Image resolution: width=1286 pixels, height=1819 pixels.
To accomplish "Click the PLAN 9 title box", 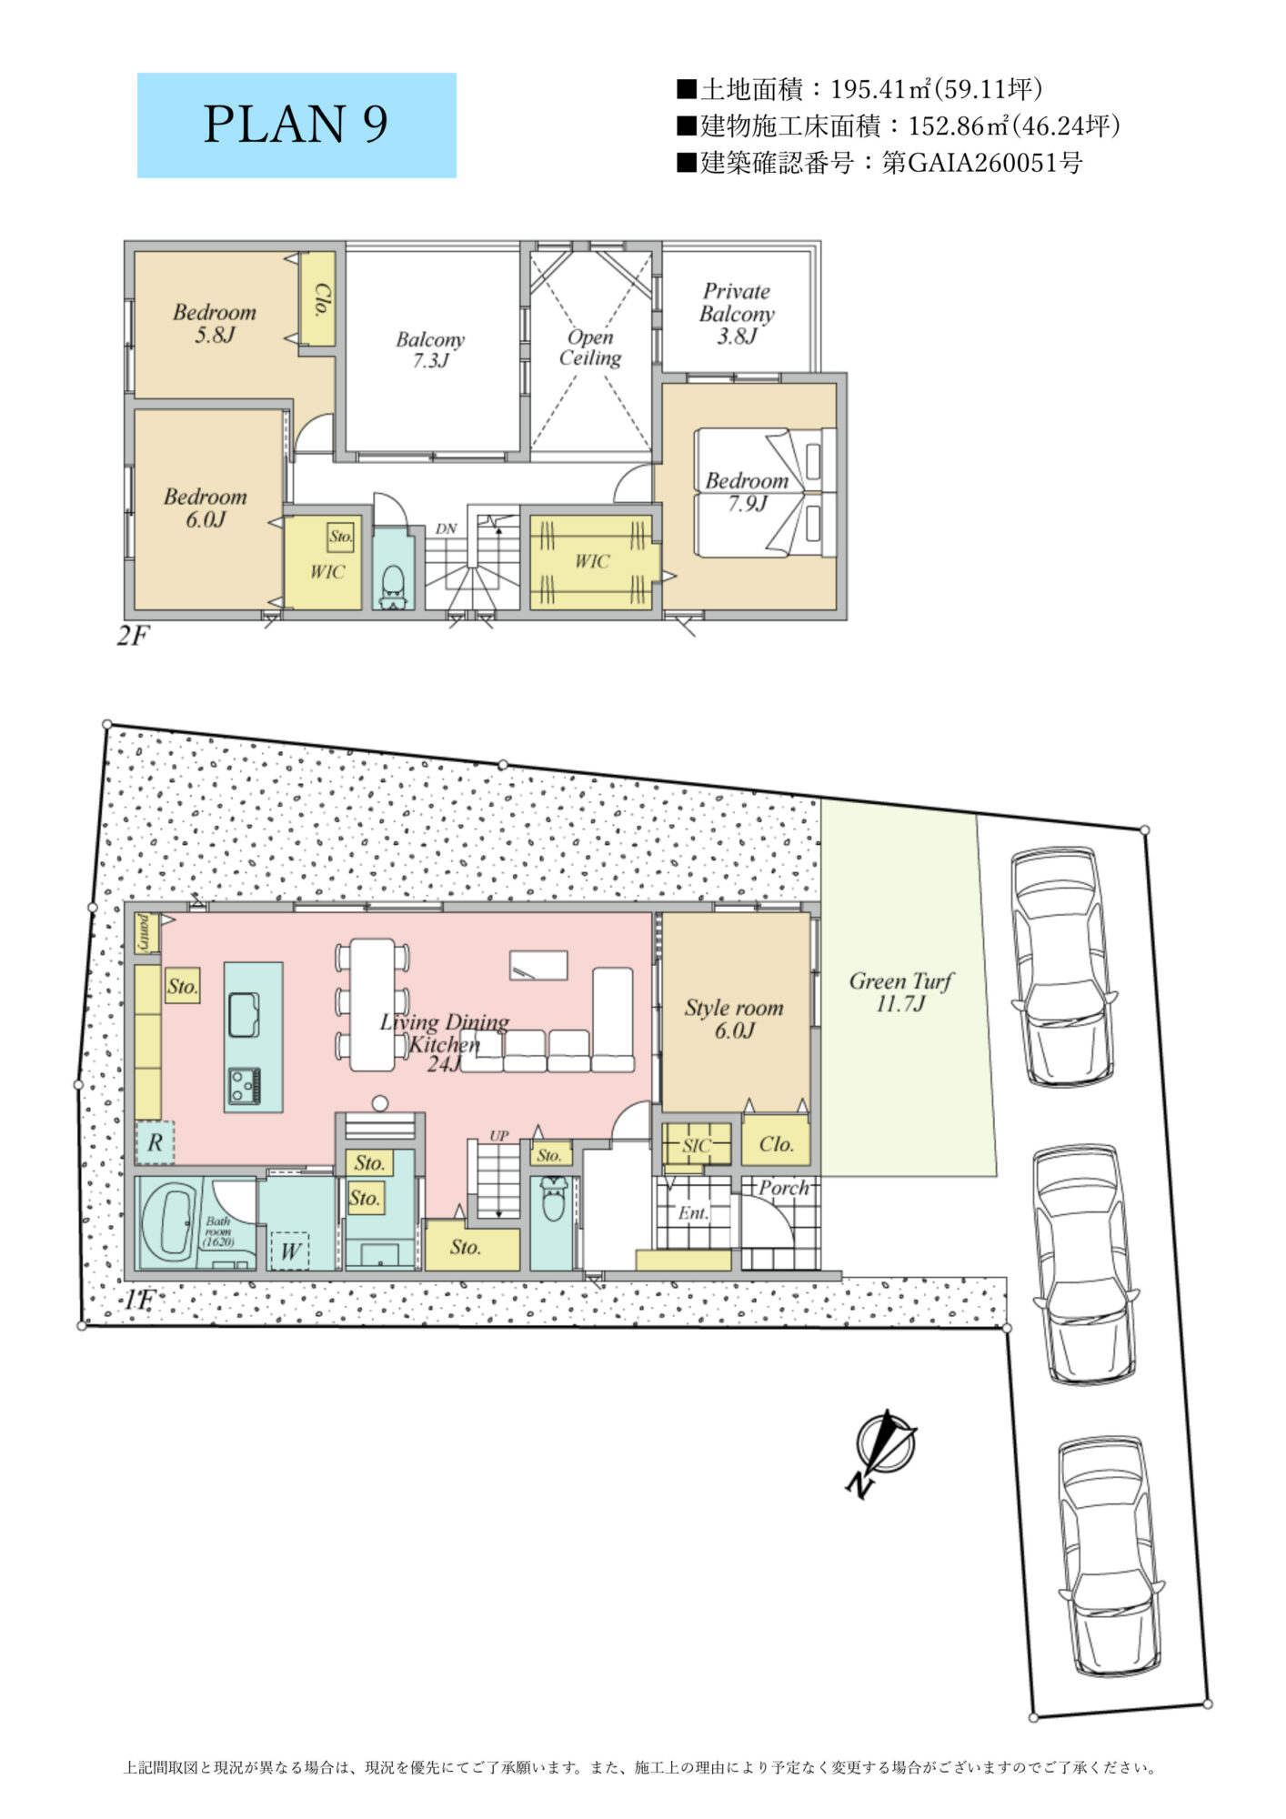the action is click(x=296, y=126).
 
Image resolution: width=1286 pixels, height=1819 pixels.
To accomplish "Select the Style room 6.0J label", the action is click(x=734, y=1019).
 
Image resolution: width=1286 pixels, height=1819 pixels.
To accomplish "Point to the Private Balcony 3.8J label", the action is click(x=737, y=314).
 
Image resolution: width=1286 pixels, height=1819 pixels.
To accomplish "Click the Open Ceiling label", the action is click(x=590, y=347).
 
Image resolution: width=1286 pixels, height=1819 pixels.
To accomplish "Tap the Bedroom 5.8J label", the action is click(x=215, y=324).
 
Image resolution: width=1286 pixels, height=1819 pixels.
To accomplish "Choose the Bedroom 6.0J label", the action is click(x=206, y=508).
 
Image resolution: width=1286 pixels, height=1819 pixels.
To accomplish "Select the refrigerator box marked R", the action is click(x=155, y=1142).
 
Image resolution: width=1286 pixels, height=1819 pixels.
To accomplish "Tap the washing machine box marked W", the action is click(x=290, y=1251).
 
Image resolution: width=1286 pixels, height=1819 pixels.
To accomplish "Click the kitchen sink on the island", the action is click(x=244, y=1015).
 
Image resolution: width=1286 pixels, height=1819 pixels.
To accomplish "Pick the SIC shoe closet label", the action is click(x=696, y=1145).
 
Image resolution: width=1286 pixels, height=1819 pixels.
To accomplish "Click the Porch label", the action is click(x=783, y=1188).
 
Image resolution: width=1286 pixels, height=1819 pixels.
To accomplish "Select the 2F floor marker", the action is click(x=132, y=635).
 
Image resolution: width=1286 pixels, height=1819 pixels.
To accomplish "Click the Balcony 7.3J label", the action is click(x=430, y=350).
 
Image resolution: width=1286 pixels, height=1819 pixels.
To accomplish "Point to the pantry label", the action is click(x=146, y=933).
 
